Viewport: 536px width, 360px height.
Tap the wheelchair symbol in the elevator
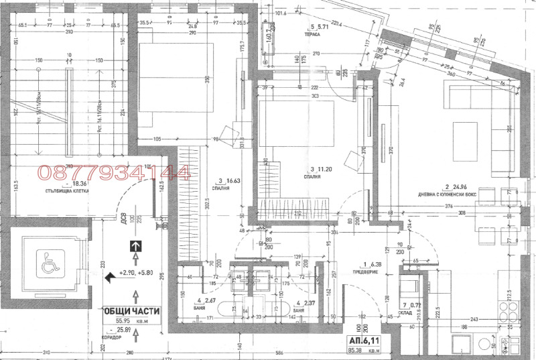[48, 262]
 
